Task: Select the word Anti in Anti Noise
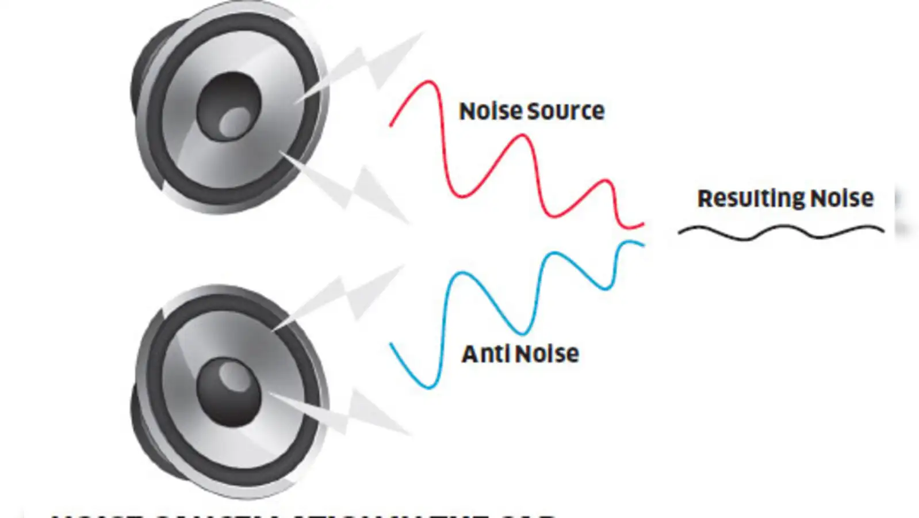485,354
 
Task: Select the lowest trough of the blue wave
428,387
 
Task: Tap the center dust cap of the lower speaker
229,391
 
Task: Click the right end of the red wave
642,223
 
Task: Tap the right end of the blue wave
642,245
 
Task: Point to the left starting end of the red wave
392,124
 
